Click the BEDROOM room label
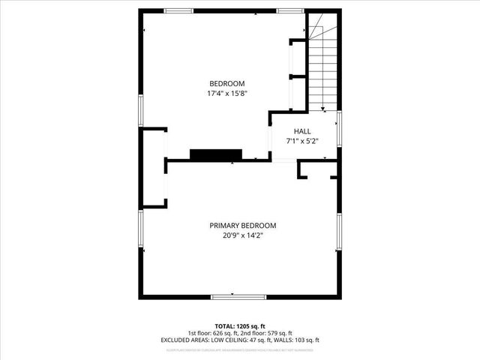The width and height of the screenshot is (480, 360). point(226,83)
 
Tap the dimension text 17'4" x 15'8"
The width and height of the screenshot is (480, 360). point(226,94)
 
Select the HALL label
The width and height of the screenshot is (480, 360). point(302,130)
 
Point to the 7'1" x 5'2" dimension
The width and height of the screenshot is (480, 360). point(302,141)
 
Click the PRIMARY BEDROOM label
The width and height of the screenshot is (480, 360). point(242,226)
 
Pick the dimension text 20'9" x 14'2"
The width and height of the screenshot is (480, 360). point(242,235)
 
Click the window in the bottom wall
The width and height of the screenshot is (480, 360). point(239,297)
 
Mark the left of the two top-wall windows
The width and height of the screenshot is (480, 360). point(179,10)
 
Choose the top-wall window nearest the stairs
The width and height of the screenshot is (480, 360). point(289,10)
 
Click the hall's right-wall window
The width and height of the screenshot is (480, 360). point(339,127)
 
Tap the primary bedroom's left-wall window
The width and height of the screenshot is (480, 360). point(140,233)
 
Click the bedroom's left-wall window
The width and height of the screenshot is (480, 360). point(140,108)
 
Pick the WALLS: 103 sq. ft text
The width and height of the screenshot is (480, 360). point(298,340)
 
